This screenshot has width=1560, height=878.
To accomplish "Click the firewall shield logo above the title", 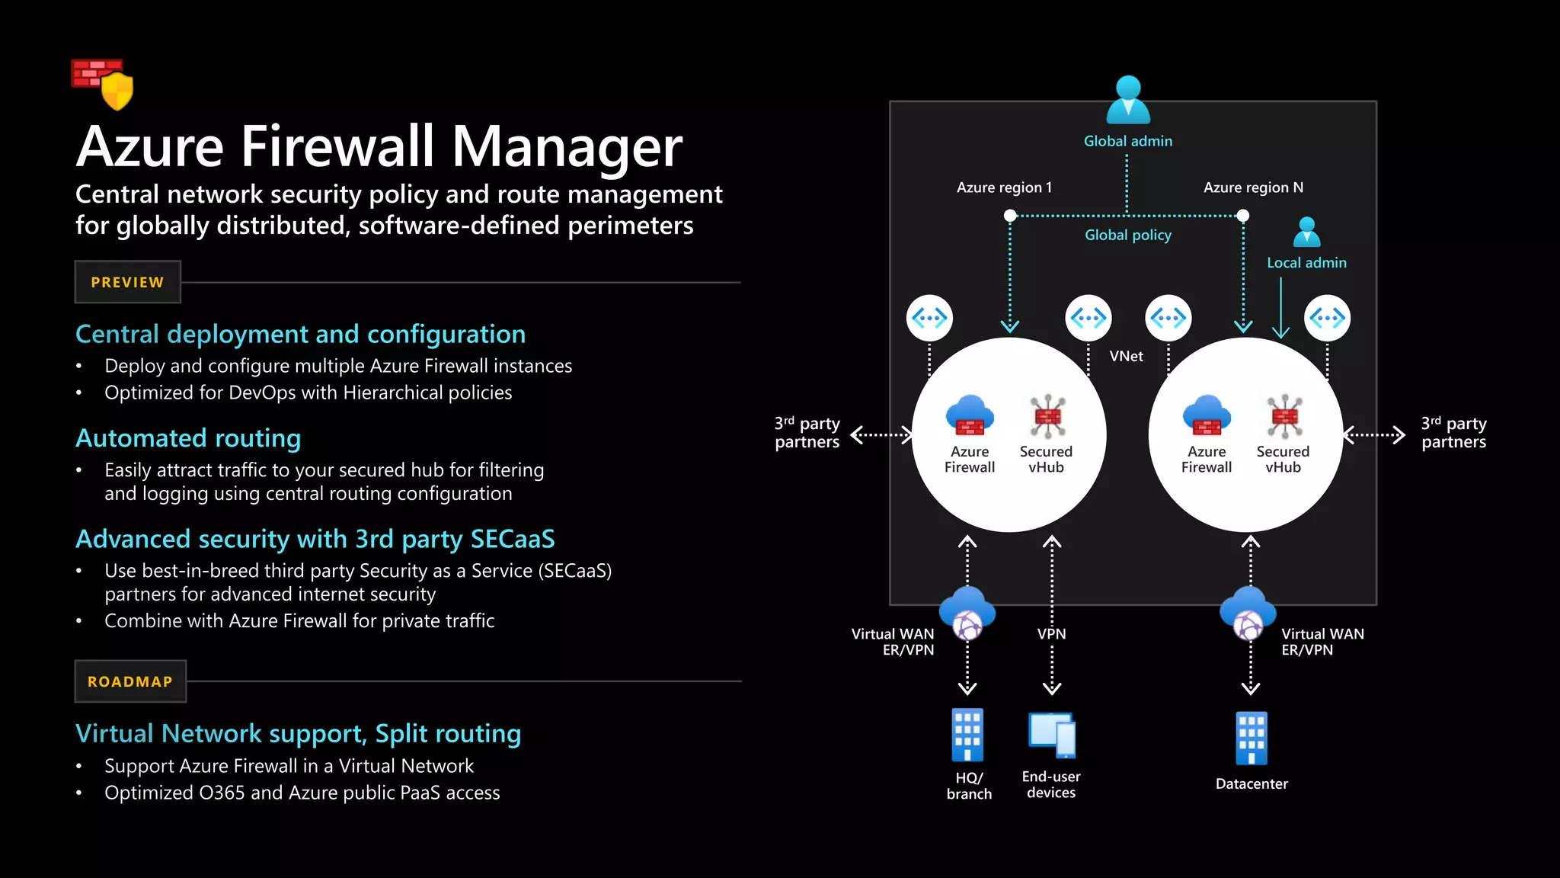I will tap(103, 83).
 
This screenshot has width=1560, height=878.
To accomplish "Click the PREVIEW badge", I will tap(127, 282).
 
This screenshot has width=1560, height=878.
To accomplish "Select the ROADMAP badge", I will tap(130, 681).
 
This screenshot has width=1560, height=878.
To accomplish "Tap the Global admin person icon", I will tap(1128, 100).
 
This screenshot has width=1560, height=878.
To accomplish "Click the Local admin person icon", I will tap(1307, 232).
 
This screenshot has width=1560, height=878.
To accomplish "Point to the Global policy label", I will tap(1128, 236).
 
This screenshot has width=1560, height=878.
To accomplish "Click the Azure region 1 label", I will tap(1004, 187).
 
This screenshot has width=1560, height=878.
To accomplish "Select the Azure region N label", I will tap(1253, 187).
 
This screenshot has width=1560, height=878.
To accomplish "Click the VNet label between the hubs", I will tap(1126, 356).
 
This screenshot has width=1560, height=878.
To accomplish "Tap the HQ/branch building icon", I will tap(967, 735).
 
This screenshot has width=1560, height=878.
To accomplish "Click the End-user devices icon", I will tap(1052, 735).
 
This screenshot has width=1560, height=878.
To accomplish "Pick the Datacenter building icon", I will tap(1252, 738).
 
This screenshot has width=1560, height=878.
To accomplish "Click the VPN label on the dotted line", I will tap(1052, 634).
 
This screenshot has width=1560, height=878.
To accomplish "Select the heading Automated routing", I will tap(188, 438).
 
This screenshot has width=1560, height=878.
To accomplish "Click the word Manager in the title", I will tap(567, 146).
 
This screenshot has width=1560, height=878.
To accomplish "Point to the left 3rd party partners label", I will tap(807, 433).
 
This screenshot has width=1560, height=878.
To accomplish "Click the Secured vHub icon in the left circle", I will tap(1047, 416).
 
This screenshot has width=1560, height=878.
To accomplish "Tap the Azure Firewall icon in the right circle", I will tap(1207, 415).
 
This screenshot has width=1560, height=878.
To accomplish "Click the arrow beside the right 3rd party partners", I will tap(1374, 435).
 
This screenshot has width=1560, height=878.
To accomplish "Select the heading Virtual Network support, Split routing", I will tap(298, 733).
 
